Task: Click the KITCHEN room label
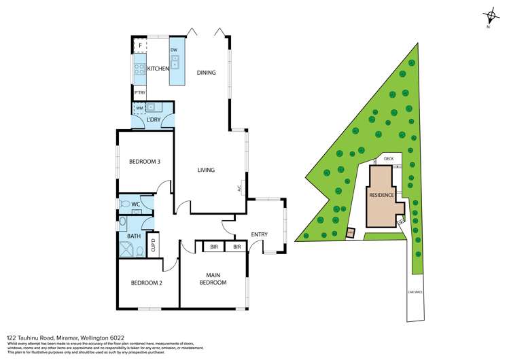158,69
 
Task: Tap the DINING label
207,73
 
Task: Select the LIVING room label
207,170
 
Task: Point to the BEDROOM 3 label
145,162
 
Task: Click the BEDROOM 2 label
146,283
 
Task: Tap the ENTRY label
259,235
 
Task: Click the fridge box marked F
140,46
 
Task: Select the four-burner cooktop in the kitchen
140,69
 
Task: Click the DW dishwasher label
174,50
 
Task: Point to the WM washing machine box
139,107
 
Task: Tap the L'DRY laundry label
154,120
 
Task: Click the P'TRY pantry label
140,92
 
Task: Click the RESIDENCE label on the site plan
381,195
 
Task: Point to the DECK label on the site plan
388,159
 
